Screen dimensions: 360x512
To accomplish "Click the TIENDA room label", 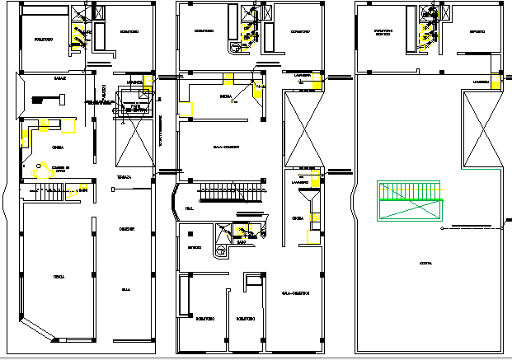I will point(59,277).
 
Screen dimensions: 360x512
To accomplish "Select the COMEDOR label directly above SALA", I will point(127,228).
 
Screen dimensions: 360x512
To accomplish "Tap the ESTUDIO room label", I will point(195,246).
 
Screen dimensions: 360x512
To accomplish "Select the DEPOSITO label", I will point(477,32).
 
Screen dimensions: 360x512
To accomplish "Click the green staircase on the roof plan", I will point(411,201).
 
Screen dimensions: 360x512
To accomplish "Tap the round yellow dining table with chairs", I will point(38,171).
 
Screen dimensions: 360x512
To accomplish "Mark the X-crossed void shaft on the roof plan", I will point(480,130).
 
